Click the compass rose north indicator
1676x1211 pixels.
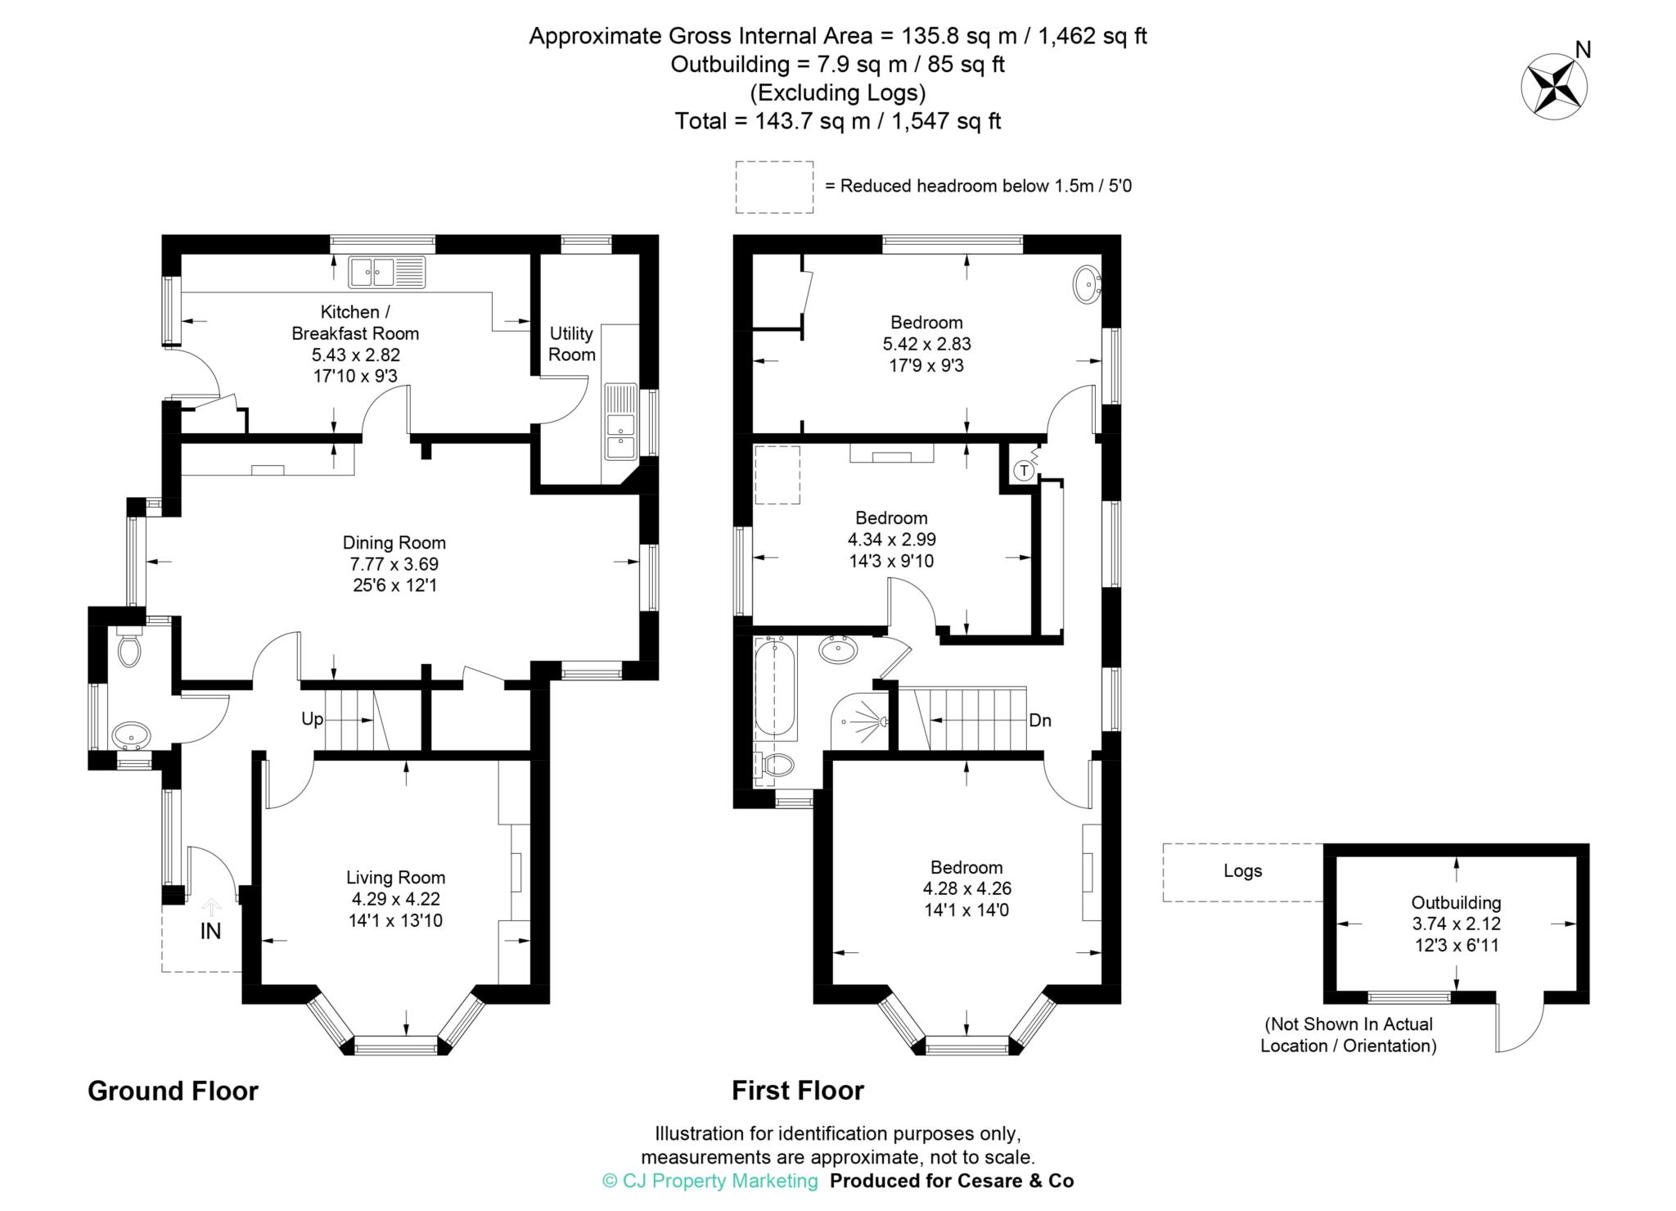[x=1554, y=84]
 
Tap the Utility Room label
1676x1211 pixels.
[x=571, y=344]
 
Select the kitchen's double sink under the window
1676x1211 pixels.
[x=387, y=272]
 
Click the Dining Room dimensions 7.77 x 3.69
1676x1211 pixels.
[x=394, y=564]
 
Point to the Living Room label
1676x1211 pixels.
[x=395, y=878]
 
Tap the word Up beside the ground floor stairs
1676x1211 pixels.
[x=313, y=719]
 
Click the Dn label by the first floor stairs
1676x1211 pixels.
[x=1039, y=721]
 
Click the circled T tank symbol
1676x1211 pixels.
[x=1023, y=471]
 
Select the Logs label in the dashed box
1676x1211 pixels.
[x=1242, y=871]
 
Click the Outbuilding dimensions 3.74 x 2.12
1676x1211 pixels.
[x=1456, y=924]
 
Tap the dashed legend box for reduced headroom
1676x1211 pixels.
[x=773, y=187]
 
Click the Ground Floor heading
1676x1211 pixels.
[x=173, y=1091]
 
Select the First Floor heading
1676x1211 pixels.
[x=797, y=1091]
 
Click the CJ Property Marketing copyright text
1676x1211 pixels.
[x=710, y=1181]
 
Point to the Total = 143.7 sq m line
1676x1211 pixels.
[x=838, y=121]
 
